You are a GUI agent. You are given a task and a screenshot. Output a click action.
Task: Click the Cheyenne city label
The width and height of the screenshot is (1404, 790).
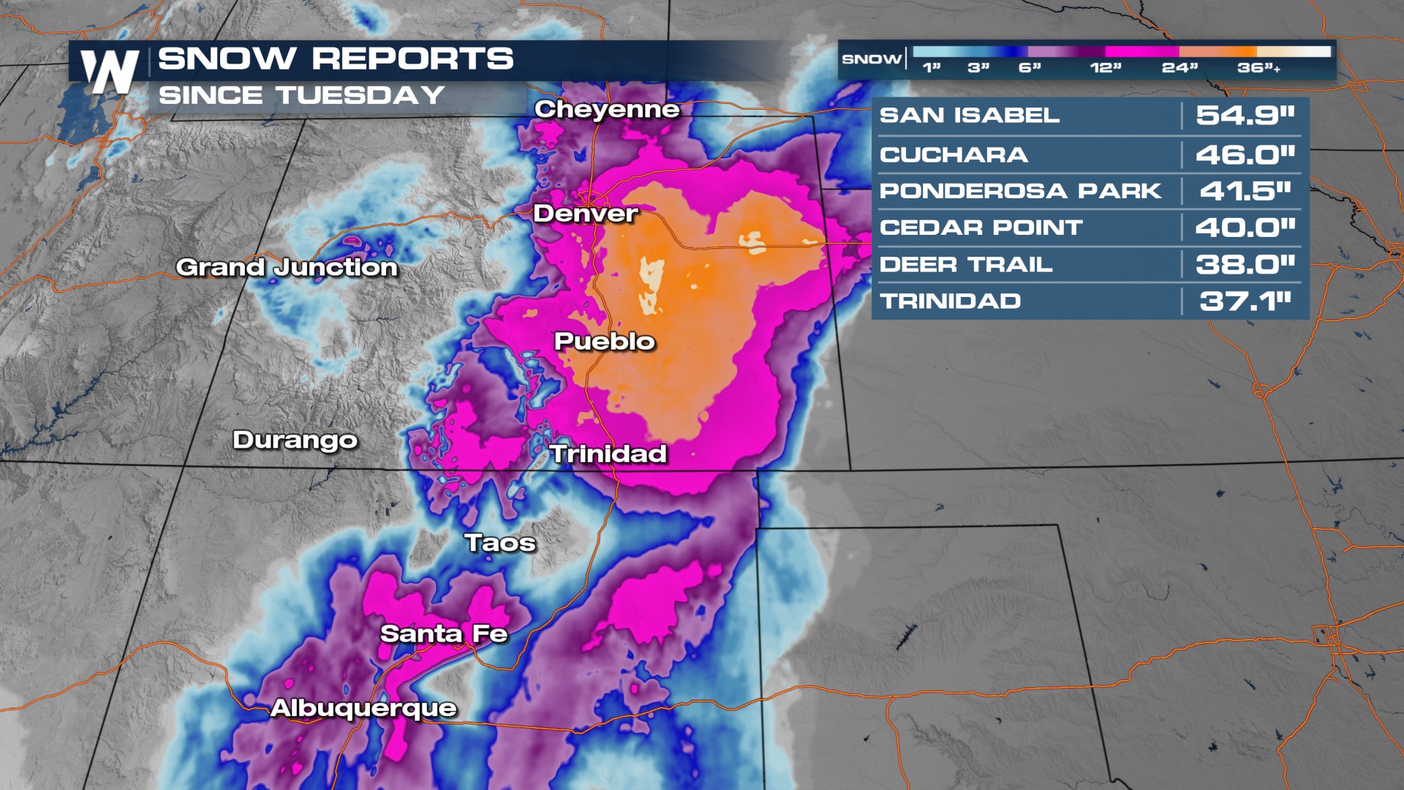(607, 110)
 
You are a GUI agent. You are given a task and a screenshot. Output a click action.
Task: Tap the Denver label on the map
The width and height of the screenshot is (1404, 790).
(585, 214)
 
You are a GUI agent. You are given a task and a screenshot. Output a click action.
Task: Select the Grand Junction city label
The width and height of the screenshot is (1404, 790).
(287, 268)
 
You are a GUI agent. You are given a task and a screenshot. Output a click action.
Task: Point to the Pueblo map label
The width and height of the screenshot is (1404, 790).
(604, 342)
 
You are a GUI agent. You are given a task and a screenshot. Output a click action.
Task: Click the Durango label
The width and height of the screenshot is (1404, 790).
(295, 440)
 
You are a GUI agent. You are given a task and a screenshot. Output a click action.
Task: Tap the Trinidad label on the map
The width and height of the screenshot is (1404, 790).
(608, 454)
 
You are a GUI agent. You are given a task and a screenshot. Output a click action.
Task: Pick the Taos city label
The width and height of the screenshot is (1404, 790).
(500, 543)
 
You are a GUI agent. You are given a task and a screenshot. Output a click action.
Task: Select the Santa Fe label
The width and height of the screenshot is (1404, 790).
(444, 633)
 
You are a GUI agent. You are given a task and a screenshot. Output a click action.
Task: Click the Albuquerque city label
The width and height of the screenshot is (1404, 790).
(363, 708)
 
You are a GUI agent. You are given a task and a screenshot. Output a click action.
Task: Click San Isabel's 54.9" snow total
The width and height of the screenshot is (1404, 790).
(1245, 116)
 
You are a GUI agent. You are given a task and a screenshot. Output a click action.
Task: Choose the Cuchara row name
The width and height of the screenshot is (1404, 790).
(954, 155)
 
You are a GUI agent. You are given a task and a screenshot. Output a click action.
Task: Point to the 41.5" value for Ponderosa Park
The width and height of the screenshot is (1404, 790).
(1245, 191)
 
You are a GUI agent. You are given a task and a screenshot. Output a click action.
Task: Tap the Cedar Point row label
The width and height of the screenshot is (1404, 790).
(981, 227)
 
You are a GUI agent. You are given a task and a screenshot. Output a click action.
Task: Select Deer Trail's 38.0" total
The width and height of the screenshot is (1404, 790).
(1245, 264)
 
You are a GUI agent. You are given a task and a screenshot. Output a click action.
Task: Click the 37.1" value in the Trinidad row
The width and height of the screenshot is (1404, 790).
(1245, 301)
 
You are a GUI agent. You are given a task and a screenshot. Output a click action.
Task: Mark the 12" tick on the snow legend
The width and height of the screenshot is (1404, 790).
(1105, 68)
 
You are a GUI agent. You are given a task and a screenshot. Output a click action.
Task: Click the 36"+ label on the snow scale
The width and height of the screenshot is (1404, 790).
(1258, 68)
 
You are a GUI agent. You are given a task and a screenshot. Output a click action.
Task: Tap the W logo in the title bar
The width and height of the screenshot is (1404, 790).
(110, 71)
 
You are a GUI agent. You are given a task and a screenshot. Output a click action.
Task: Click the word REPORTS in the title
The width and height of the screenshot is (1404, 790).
(412, 59)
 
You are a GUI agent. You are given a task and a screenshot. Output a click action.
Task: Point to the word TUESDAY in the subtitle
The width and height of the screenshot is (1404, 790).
(361, 95)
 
